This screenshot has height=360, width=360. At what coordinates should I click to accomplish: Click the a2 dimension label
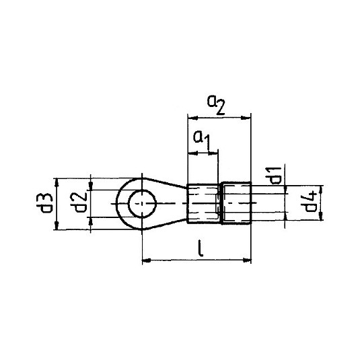216,105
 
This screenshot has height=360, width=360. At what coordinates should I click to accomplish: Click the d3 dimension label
44,203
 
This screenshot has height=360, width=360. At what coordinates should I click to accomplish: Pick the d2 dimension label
79,203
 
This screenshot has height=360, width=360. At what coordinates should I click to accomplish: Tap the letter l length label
201,248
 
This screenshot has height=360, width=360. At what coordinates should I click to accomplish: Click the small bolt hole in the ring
143,203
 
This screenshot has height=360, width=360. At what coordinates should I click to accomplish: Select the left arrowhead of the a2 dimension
193,118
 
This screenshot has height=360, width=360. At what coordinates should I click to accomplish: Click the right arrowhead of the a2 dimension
245,118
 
